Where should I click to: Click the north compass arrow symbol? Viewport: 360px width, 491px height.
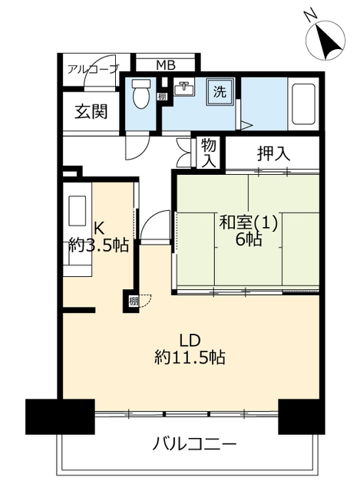click(325, 41)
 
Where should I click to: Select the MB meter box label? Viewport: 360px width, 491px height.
click(166, 65)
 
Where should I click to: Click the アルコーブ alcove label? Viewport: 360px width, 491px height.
click(94, 69)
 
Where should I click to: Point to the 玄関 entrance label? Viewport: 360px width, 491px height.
click(91, 111)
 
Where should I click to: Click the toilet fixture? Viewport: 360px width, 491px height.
click(140, 93)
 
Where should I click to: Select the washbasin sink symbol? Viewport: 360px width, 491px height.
click(184, 87)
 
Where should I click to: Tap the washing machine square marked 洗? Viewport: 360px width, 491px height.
click(220, 91)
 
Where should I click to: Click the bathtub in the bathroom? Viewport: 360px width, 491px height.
click(303, 104)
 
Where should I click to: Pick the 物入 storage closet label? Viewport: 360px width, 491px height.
click(208, 153)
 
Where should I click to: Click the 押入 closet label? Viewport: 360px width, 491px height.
click(273, 153)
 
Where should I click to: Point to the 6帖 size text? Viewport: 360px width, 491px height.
click(249, 239)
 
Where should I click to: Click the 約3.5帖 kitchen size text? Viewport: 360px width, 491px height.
click(99, 245)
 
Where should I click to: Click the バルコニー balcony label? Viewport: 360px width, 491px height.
click(194, 444)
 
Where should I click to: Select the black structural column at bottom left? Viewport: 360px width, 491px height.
click(60, 417)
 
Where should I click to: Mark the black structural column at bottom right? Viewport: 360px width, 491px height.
click(302, 417)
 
